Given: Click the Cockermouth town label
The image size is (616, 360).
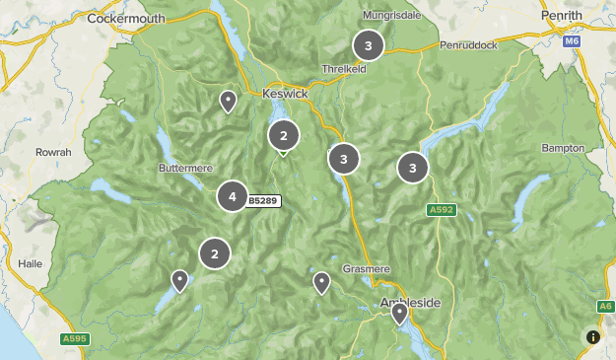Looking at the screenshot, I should tap(124, 18).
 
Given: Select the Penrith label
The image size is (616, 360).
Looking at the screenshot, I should tap(563, 18).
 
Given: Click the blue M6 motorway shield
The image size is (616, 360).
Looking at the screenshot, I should tap(573, 42).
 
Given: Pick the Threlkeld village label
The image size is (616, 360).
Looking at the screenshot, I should tap(344, 69).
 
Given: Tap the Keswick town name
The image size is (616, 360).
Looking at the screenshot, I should tap(286, 93).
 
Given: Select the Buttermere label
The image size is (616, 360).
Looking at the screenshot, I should tap(185, 168).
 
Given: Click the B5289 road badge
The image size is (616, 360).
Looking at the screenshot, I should tap(263, 201).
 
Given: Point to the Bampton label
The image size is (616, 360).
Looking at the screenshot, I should tap(563, 148).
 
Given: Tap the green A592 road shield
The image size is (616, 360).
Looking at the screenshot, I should tap(442, 210).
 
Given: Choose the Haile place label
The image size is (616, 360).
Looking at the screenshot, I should tap(33, 264).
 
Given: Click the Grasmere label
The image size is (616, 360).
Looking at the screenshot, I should tap(367, 268).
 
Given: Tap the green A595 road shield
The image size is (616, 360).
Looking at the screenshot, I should tap(74, 339).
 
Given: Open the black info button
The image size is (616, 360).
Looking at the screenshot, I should tap(593, 336).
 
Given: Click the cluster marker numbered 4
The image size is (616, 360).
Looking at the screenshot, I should tap(232, 196).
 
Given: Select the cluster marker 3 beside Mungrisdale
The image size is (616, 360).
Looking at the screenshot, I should tap(368, 44).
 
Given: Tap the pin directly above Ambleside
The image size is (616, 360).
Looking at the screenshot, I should tap(399, 313).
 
